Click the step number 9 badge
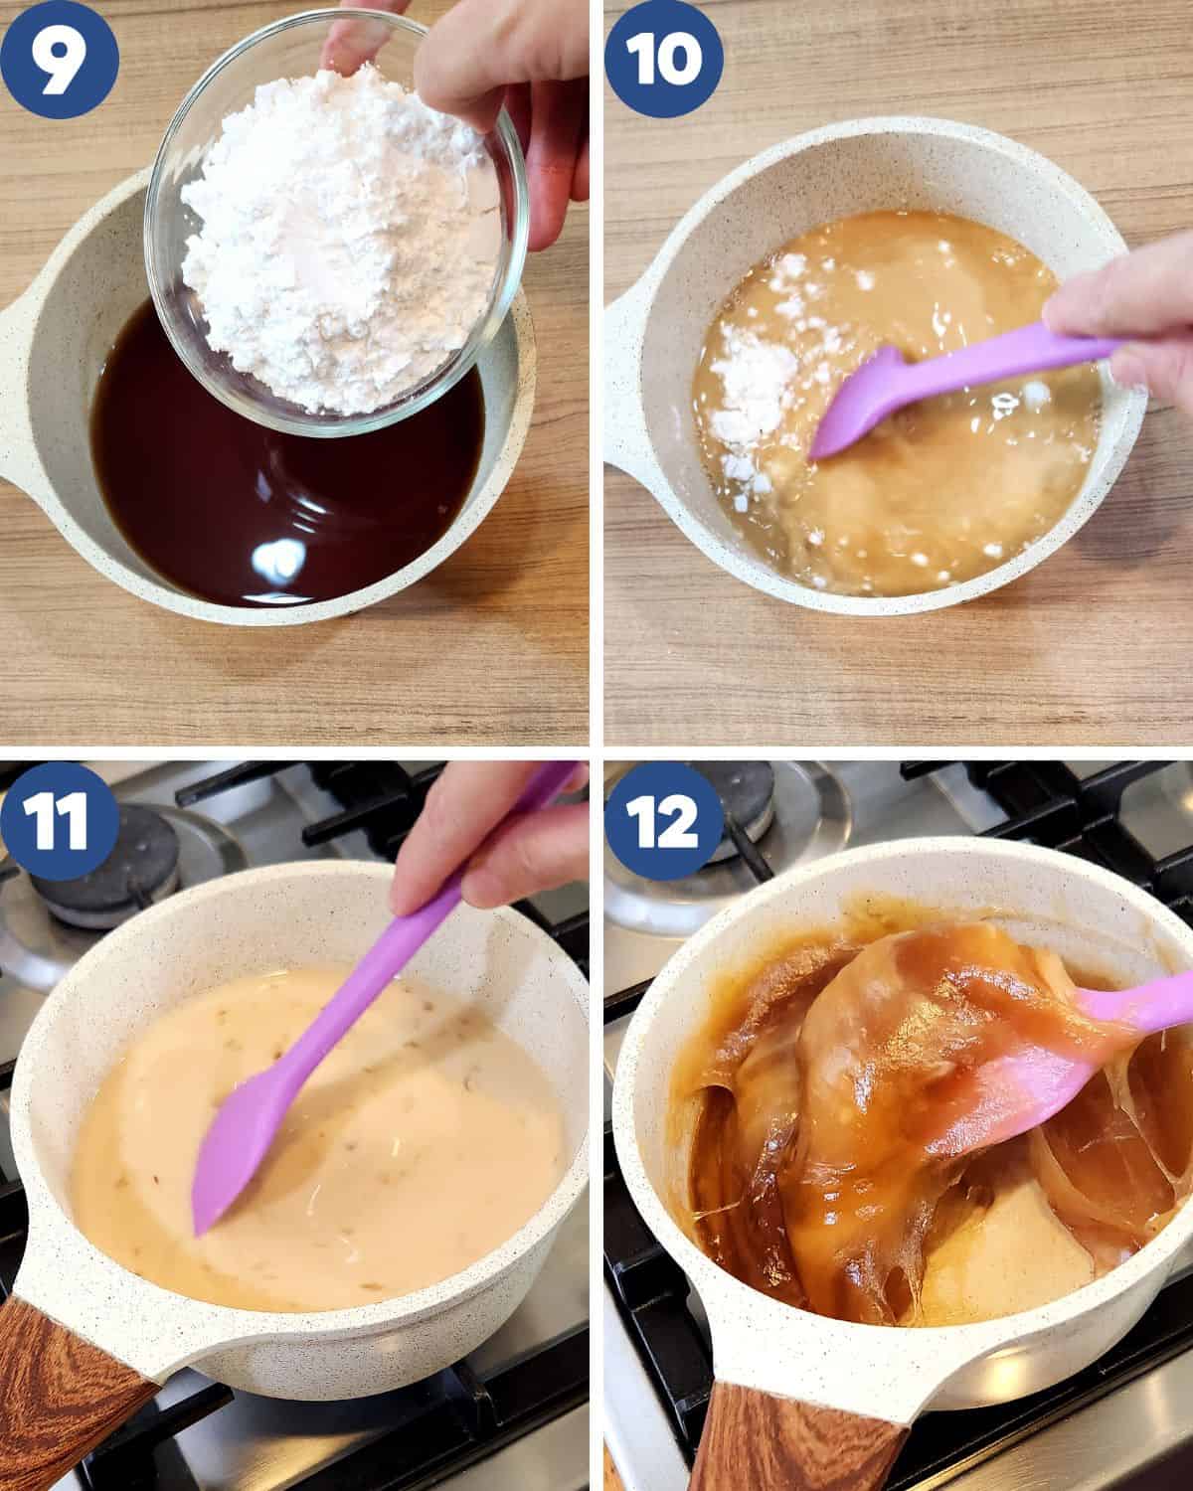60,58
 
